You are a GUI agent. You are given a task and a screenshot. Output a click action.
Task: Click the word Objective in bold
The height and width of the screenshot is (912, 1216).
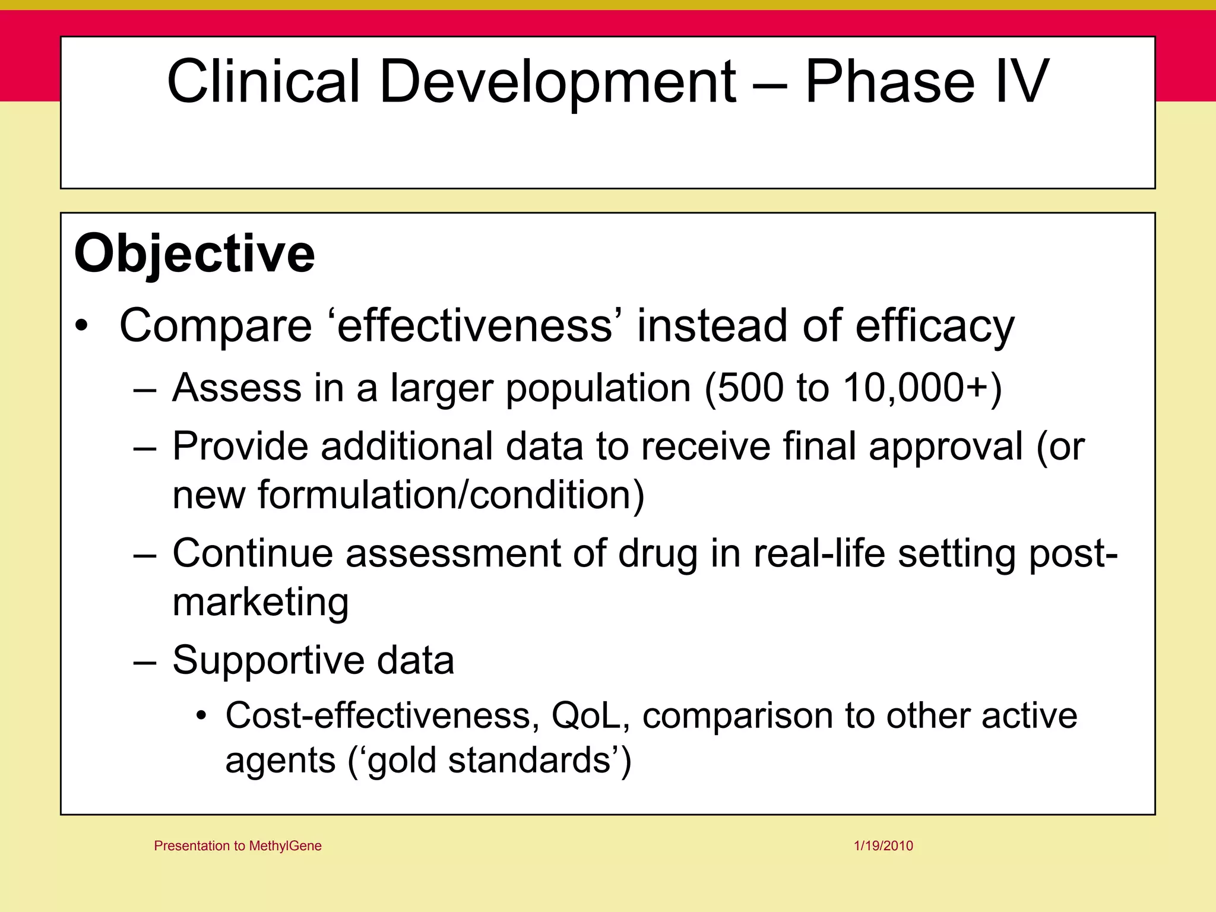(194, 254)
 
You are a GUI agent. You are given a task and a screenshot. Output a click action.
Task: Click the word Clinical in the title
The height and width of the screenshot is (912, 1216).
(264, 81)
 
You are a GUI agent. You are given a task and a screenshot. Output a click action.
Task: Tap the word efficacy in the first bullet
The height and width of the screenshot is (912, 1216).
(935, 327)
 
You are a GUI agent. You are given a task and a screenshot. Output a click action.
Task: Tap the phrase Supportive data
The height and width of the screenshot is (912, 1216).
(313, 660)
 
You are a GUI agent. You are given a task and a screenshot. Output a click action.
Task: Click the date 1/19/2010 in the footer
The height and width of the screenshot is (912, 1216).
(883, 845)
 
